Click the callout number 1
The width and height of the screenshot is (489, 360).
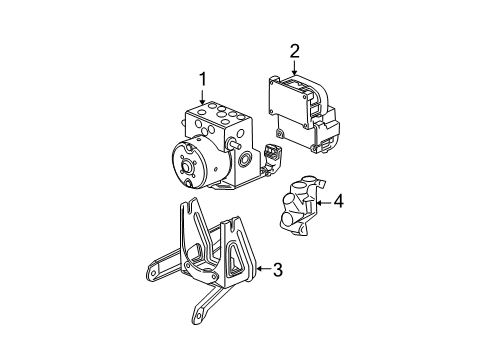click(x=202, y=77)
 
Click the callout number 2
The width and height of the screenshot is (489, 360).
click(x=294, y=50)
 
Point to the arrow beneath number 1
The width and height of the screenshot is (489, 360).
click(x=202, y=97)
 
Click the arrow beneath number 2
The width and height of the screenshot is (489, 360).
click(x=294, y=70)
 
